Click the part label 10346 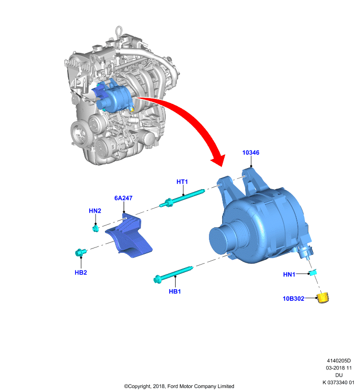tap(251, 152)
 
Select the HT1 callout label tap(182, 182)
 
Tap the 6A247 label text tap(123, 198)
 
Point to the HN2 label tap(95, 211)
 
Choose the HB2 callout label tap(81, 272)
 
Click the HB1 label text tap(175, 292)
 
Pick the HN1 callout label tap(289, 274)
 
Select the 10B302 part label tap(293, 298)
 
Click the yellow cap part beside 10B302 tap(323, 298)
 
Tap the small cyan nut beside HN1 tap(313, 272)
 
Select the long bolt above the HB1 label tap(173, 275)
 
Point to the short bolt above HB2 tap(80, 252)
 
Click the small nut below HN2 tap(96, 228)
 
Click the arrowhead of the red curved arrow tap(219, 160)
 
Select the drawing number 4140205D tap(339, 361)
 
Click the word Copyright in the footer tap(139, 386)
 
